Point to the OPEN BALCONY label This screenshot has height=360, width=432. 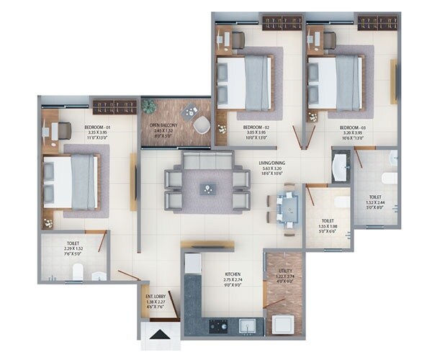[163, 125]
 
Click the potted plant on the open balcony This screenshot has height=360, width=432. [149, 107]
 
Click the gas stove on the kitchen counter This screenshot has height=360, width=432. [218, 325]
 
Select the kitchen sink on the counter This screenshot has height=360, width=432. [248, 325]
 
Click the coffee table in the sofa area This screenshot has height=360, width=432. [207, 189]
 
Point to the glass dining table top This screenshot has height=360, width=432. [288, 209]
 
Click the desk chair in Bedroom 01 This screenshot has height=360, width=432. [63, 130]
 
